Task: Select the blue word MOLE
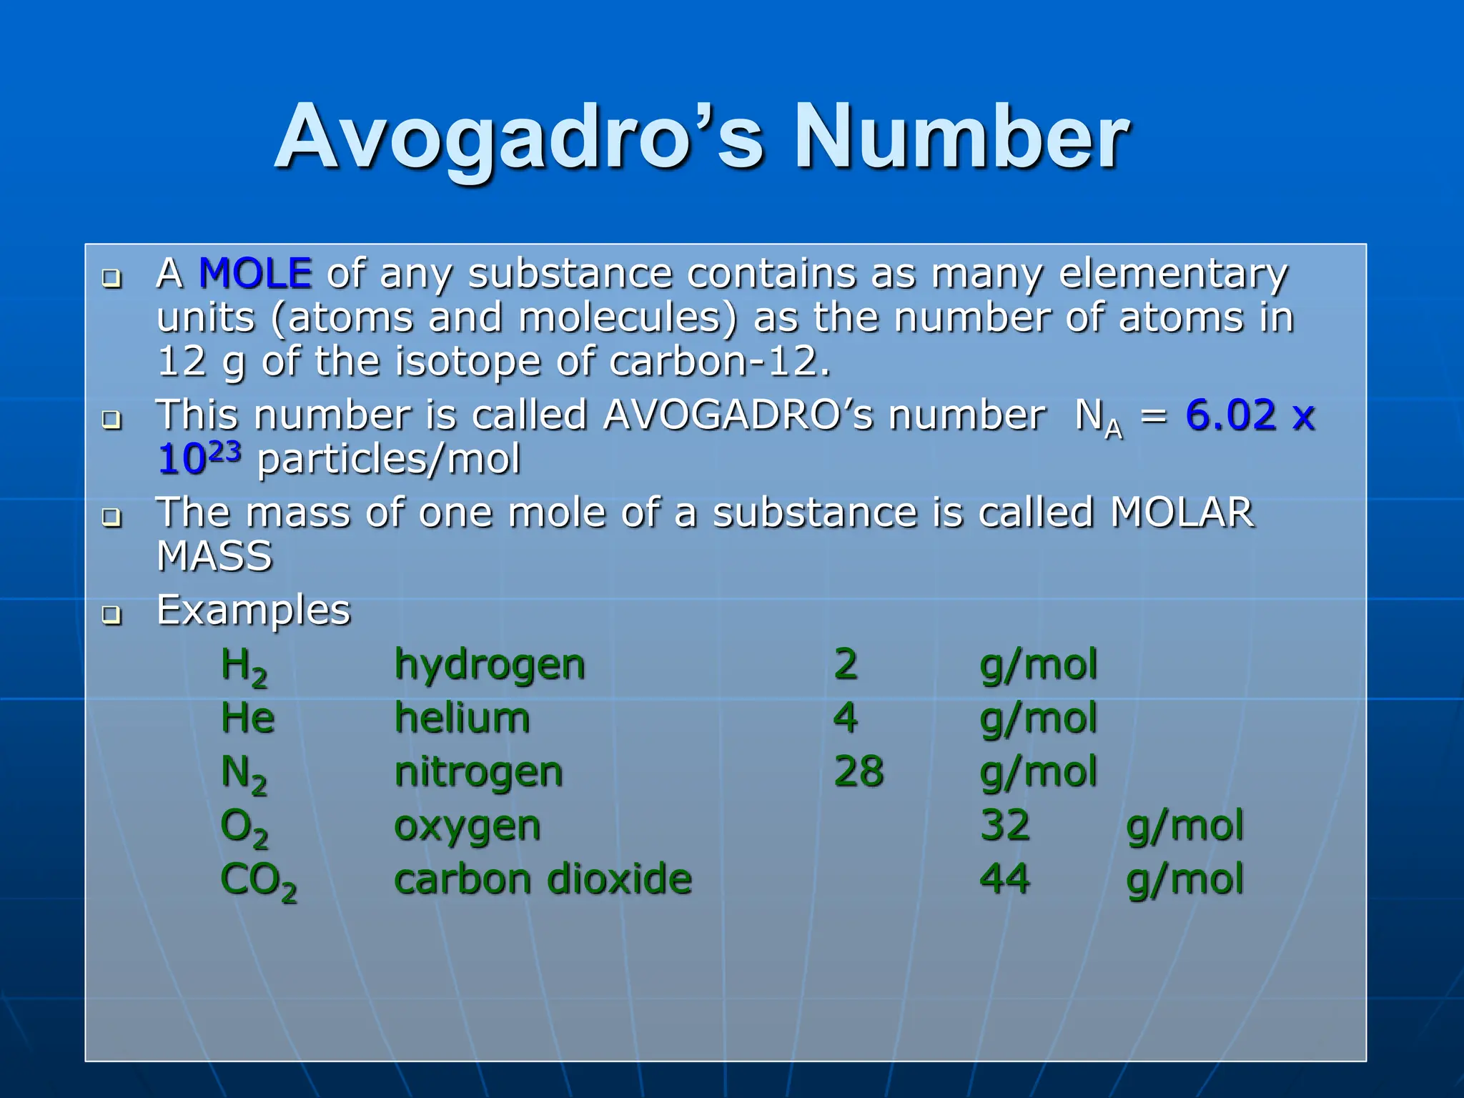[255, 273]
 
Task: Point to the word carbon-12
[720, 361]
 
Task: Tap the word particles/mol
[389, 459]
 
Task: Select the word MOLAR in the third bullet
[1182, 513]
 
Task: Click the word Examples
[254, 610]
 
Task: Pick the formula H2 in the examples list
[244, 666]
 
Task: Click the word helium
[462, 718]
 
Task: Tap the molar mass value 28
[859, 772]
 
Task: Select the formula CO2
[258, 881]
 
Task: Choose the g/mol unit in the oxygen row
[1184, 826]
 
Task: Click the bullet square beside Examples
[112, 614]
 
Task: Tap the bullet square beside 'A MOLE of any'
[112, 277]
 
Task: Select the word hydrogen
[490, 666]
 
